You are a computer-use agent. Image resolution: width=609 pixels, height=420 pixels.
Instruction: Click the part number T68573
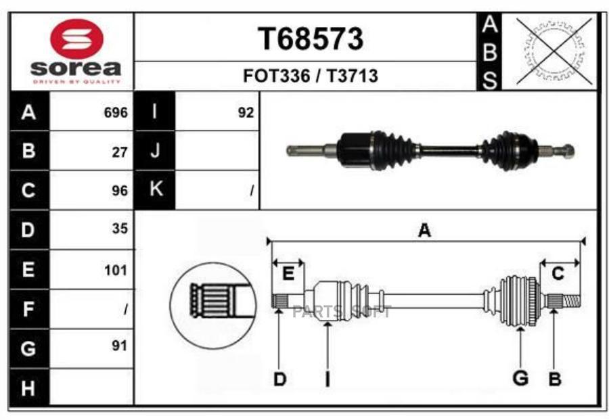tap(311, 39)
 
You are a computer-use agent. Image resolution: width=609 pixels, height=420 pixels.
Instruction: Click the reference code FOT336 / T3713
tap(311, 76)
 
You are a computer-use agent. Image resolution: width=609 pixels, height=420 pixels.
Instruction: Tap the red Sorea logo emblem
tap(77, 39)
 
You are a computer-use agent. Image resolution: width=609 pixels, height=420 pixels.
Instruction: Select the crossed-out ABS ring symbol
tap(554, 51)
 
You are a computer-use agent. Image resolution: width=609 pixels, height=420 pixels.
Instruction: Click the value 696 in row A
tap(116, 112)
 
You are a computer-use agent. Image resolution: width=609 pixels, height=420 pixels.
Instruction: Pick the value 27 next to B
tap(120, 152)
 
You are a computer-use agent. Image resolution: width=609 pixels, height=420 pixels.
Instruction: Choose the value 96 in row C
tap(120, 191)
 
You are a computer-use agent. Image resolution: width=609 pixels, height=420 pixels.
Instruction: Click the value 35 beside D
tap(120, 228)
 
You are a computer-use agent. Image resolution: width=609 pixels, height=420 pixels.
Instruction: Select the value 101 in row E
tap(116, 270)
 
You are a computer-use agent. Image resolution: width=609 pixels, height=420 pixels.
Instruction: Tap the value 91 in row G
tap(120, 345)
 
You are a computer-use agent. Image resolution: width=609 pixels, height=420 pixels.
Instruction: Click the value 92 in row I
tap(246, 112)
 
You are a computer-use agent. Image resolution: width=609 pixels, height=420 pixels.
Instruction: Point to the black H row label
tap(29, 387)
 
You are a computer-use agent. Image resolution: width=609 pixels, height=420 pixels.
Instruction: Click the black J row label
tap(154, 150)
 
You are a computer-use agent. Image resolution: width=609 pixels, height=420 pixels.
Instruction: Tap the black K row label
tap(154, 189)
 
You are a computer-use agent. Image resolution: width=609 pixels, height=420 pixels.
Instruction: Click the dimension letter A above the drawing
tap(424, 231)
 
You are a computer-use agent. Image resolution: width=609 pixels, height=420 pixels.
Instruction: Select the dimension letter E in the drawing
tap(288, 274)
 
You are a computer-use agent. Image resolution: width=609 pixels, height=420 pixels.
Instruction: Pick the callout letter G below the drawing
tap(520, 377)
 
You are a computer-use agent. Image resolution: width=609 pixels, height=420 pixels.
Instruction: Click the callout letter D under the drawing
tap(279, 379)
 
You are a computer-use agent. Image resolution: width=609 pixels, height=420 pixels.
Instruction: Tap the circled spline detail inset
tap(213, 305)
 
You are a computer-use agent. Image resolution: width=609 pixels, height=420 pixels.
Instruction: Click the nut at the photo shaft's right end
tap(568, 151)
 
